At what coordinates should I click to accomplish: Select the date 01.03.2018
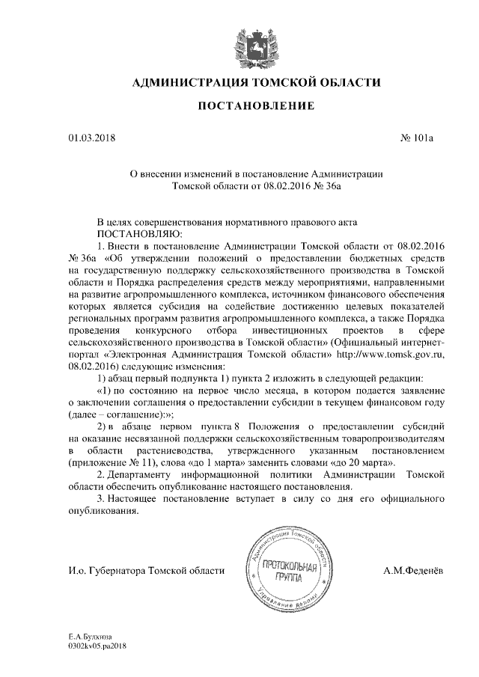(88, 138)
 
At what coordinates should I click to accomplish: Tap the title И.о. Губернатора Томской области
(146, 571)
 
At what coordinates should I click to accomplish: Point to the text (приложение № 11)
(109, 464)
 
